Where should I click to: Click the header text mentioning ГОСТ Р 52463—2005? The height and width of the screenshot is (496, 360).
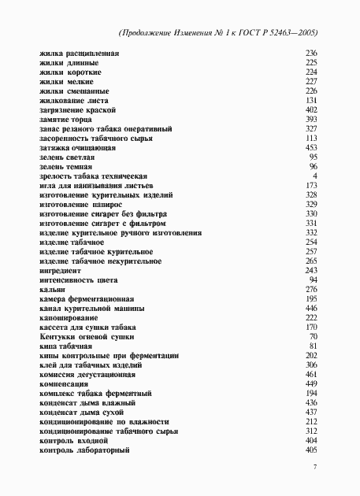(221, 34)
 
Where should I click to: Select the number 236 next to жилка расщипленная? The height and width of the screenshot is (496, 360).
(310, 52)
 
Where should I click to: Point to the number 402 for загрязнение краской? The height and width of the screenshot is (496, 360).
(310, 110)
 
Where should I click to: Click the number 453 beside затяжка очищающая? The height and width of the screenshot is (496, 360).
(310, 147)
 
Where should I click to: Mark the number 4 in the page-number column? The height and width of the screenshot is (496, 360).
(314, 176)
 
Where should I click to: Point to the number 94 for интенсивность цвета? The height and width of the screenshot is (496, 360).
(313, 279)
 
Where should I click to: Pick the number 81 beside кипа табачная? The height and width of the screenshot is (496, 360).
(313, 346)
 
